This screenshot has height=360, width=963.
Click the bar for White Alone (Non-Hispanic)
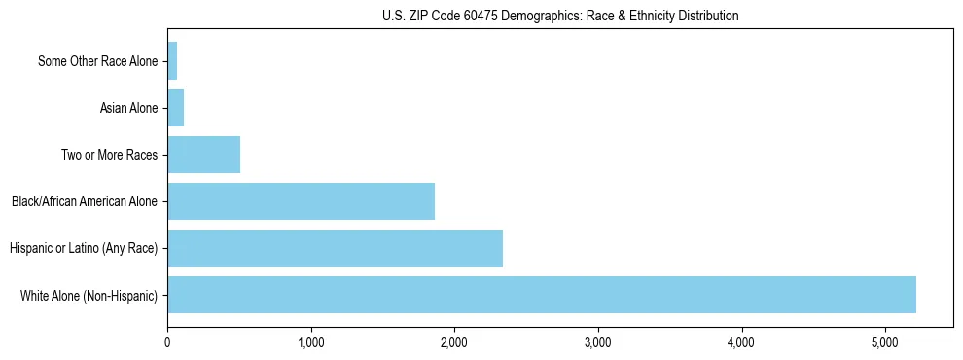tap(542, 295)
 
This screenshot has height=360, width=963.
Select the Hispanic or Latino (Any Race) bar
tap(335, 248)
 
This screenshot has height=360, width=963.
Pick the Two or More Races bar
tap(203, 155)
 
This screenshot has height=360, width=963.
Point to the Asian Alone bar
tap(175, 108)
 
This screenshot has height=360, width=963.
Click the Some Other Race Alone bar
tap(172, 61)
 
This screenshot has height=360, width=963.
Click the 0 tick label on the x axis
tap(167, 342)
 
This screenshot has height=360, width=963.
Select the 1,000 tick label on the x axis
tap(311, 342)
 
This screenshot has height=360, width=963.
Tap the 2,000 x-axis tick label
tap(454, 342)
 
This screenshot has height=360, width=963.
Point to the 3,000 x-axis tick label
tap(598, 342)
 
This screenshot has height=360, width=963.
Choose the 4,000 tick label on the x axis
tap(742, 342)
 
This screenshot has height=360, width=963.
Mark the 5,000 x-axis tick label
tap(885, 342)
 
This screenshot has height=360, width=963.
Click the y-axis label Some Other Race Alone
tap(97, 61)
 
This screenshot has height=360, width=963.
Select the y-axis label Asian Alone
tap(128, 108)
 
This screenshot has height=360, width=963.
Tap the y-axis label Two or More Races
tap(109, 155)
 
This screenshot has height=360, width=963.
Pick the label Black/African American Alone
tap(85, 201)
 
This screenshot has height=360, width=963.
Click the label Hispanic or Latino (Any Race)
tap(84, 248)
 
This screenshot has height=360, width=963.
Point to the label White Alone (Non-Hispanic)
tap(89, 295)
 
